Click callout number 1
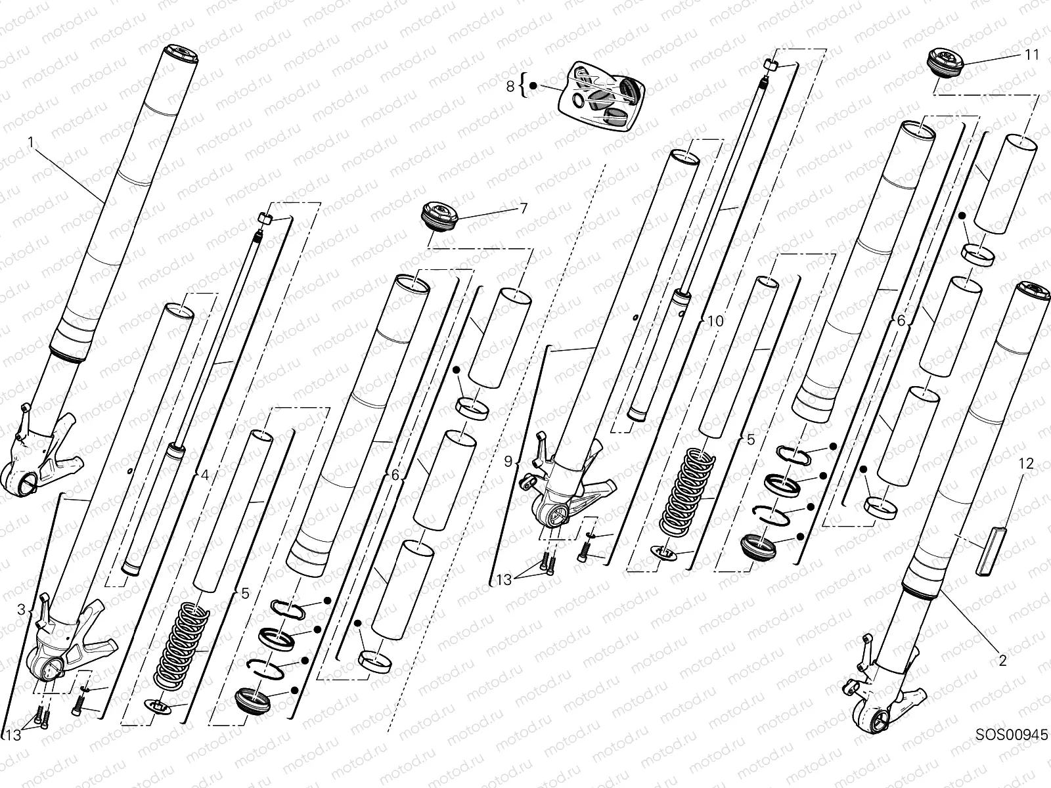(x=30, y=141)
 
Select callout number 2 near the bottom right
(x=1002, y=661)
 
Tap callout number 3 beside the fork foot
(x=21, y=610)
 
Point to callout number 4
(x=204, y=474)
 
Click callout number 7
(x=523, y=209)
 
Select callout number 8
(x=510, y=85)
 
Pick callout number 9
(x=508, y=462)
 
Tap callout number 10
(x=715, y=320)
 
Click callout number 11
(x=1032, y=55)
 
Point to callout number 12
(x=1025, y=464)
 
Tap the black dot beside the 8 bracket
(x=533, y=85)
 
